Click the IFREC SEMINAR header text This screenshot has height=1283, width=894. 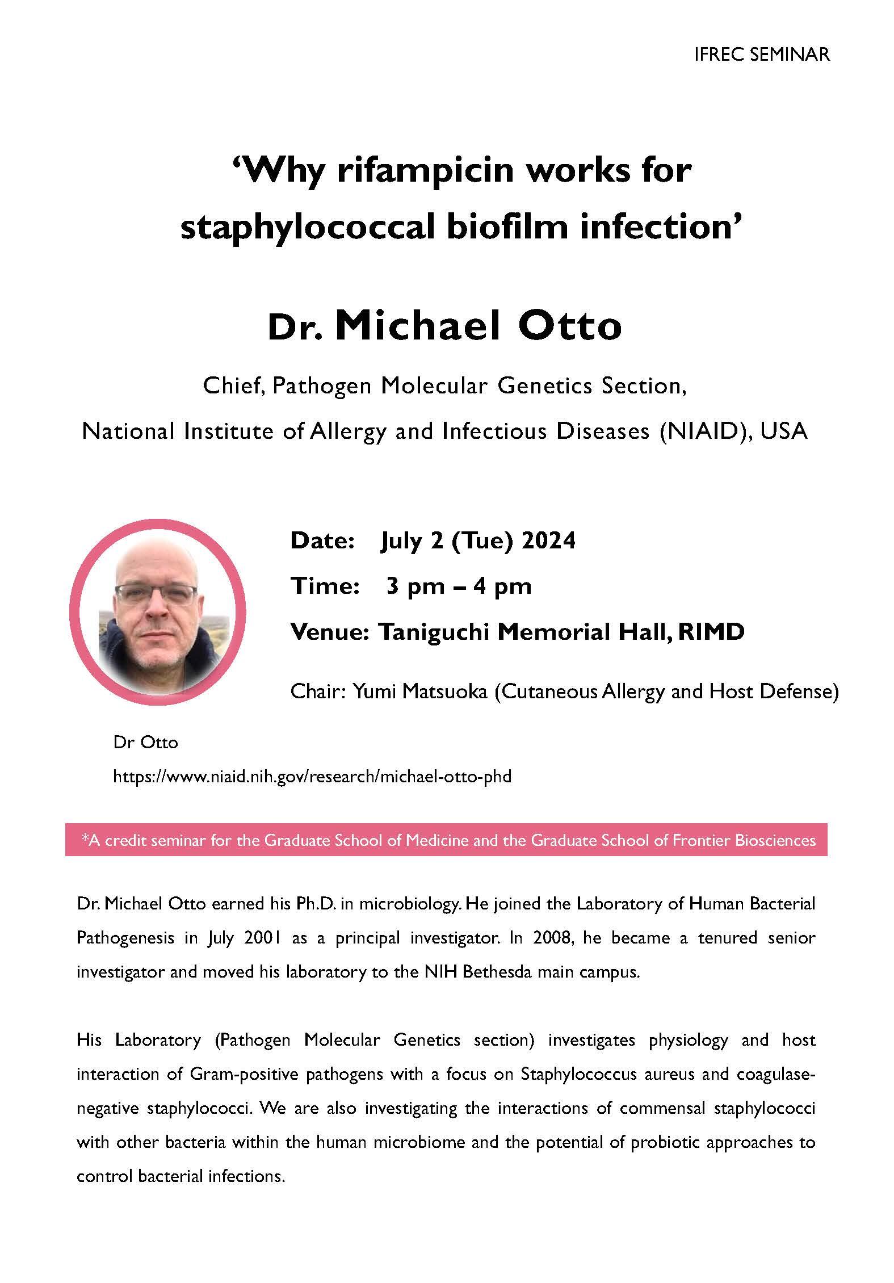(762, 54)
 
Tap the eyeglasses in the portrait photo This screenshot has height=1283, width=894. (156, 593)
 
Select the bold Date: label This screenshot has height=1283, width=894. (322, 540)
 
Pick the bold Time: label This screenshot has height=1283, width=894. (325, 586)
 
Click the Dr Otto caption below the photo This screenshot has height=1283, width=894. (146, 742)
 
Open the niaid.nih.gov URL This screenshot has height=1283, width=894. (312, 776)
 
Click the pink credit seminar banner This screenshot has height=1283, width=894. (446, 840)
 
